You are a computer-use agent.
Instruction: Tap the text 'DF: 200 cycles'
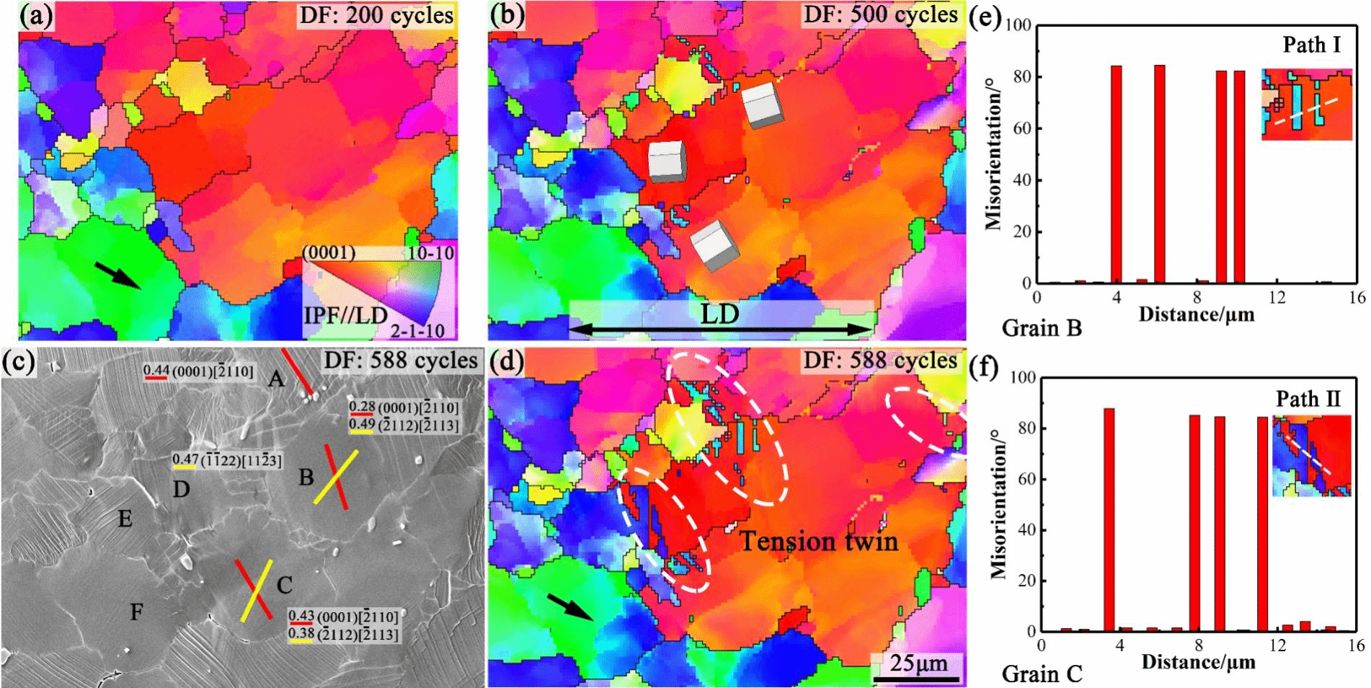[376, 15]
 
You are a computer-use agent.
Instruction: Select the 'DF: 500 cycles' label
[880, 14]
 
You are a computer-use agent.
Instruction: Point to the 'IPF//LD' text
[345, 315]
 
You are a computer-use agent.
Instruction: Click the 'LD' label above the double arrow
[719, 314]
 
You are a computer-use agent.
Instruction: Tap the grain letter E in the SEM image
[125, 519]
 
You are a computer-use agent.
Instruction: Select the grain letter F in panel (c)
[136, 612]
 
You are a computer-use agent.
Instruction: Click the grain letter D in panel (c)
[181, 490]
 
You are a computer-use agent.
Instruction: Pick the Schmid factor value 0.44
[156, 371]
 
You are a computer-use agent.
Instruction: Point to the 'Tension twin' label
[819, 541]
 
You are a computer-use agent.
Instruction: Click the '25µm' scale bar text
[918, 663]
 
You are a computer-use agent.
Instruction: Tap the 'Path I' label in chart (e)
[1311, 45]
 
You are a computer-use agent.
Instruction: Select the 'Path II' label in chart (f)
[1308, 399]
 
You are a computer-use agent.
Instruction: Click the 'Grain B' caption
[1042, 328]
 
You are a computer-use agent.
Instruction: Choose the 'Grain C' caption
[1042, 674]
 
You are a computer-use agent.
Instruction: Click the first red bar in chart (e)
[1116, 174]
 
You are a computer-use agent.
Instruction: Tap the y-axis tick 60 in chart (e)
[1022, 128]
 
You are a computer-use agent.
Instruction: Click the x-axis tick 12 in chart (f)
[1277, 645]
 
